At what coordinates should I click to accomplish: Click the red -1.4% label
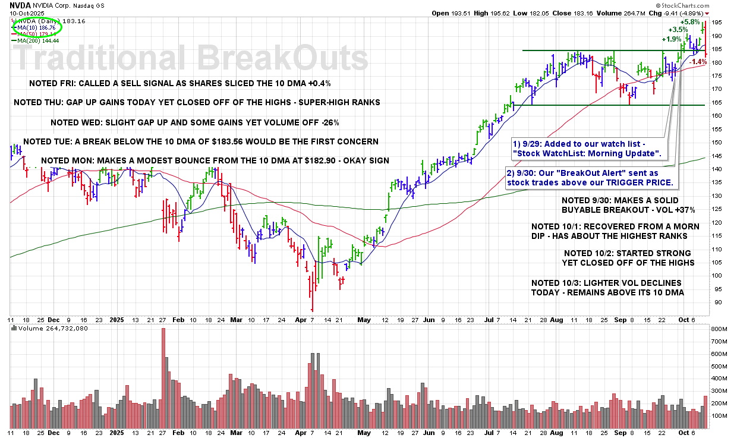[716, 61]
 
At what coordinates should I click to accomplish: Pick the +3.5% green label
[678, 29]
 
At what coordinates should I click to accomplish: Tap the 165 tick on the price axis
[717, 102]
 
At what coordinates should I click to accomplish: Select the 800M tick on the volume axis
[720, 329]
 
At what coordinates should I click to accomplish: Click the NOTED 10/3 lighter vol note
[607, 288]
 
